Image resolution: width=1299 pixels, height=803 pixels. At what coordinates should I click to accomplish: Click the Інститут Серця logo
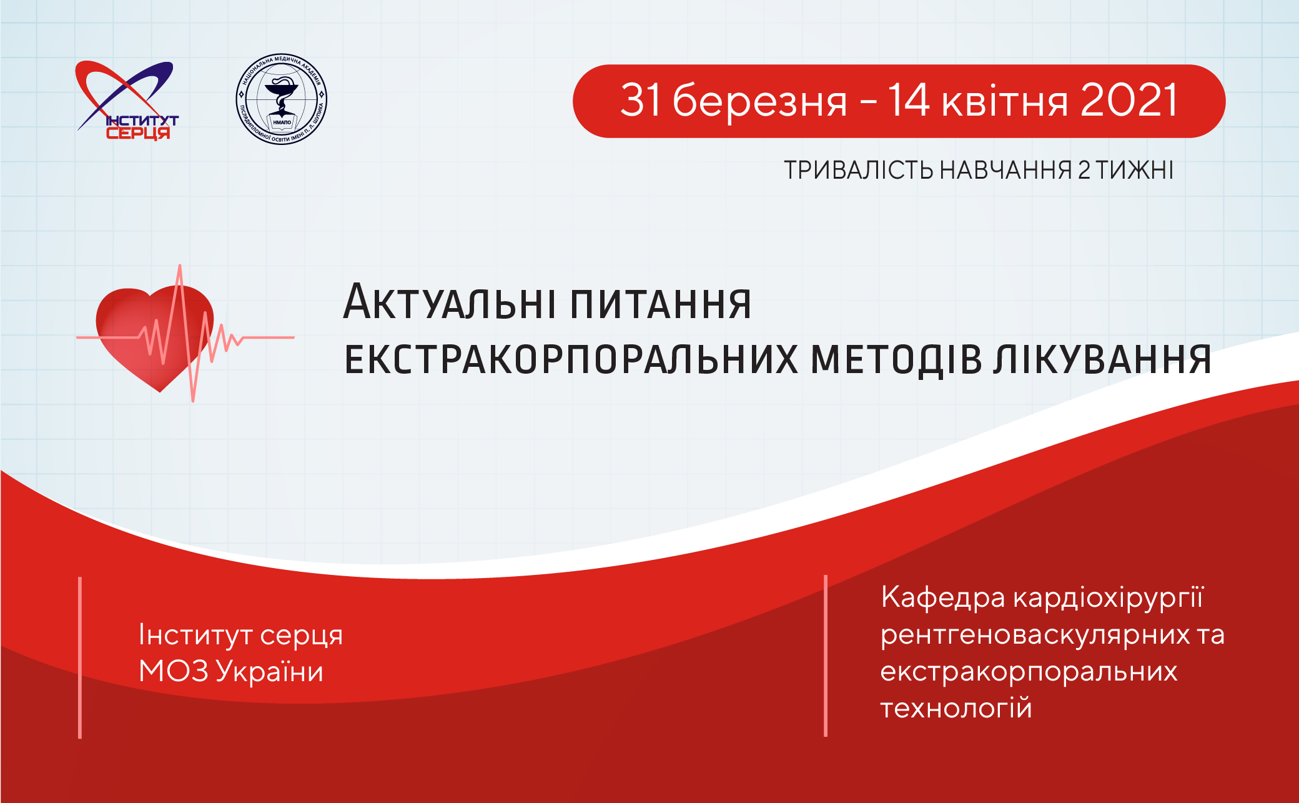pyautogui.click(x=127, y=100)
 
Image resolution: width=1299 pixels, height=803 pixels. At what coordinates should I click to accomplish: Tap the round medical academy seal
pyautogui.click(x=282, y=99)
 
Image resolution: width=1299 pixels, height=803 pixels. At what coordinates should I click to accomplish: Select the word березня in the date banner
pyautogui.click(x=760, y=101)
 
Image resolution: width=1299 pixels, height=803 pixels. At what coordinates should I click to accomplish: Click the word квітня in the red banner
pyautogui.click(x=1005, y=102)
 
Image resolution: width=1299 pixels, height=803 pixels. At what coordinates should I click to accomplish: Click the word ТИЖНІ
pyautogui.click(x=1135, y=170)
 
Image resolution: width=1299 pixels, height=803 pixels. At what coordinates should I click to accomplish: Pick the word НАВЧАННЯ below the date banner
pyautogui.click(x=1005, y=170)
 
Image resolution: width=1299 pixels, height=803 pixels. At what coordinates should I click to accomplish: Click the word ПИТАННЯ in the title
pyautogui.click(x=661, y=304)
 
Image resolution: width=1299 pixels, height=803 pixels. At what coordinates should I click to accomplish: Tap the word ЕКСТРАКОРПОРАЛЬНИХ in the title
pyautogui.click(x=571, y=359)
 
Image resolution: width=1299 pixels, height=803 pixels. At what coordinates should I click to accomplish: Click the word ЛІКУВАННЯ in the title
pyautogui.click(x=1104, y=359)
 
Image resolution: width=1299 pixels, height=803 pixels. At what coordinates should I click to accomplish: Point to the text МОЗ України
pyautogui.click(x=231, y=672)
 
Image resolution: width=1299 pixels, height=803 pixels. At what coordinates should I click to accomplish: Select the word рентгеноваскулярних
pyautogui.click(x=1035, y=636)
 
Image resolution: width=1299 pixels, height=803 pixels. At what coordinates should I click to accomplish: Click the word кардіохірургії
pyautogui.click(x=1108, y=599)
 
